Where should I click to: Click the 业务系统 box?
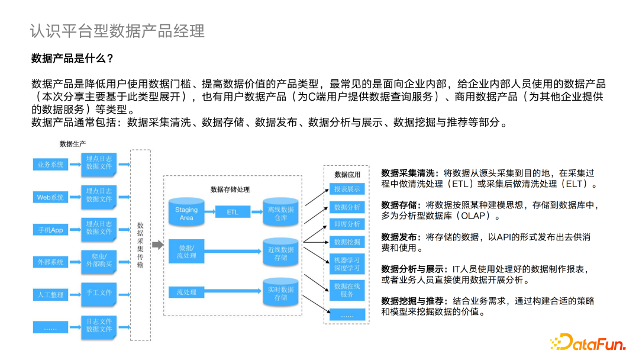[50, 165]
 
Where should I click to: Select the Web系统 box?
[50, 197]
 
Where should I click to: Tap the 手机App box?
[50, 230]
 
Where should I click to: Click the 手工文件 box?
[99, 292]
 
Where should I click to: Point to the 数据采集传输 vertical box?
[140, 245]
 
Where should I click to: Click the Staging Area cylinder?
[186, 213]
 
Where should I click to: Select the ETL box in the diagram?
[233, 211]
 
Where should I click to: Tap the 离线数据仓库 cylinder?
[280, 214]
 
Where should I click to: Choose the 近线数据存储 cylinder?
[280, 253]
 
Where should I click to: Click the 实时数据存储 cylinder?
[280, 293]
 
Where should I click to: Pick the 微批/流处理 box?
[186, 252]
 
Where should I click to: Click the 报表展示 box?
[347, 189]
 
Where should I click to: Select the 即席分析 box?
[347, 224]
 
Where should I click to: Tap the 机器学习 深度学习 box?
[347, 264]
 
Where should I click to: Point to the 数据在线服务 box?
[347, 290]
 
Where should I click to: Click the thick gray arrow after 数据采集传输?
[157, 245]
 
